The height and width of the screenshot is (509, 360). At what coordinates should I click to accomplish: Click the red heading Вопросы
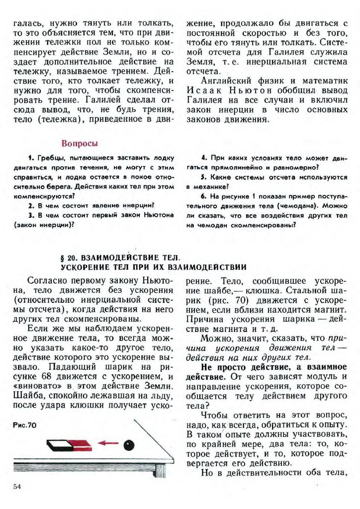(80, 144)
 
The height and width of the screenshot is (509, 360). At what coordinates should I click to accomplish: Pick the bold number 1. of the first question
(31, 158)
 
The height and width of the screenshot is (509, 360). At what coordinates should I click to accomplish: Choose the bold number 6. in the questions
(203, 196)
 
